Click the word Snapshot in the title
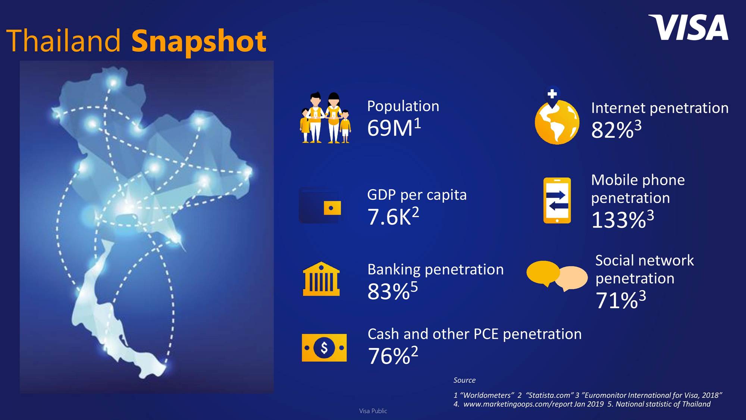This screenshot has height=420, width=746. tap(199, 42)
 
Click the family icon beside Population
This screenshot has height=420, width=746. tap(325, 117)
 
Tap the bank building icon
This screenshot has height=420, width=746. tap(321, 279)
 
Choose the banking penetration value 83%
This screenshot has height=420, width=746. tap(389, 291)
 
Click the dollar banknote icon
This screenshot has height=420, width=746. tap(324, 348)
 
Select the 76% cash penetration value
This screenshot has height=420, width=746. tap(389, 356)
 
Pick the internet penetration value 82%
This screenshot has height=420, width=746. tap(612, 130)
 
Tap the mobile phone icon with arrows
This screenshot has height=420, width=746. tap(557, 201)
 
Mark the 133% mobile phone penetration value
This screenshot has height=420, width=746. tap(619, 220)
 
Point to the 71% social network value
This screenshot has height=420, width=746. tap(617, 300)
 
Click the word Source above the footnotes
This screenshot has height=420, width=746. tap(464, 380)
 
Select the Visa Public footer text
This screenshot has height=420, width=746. tap(373, 411)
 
